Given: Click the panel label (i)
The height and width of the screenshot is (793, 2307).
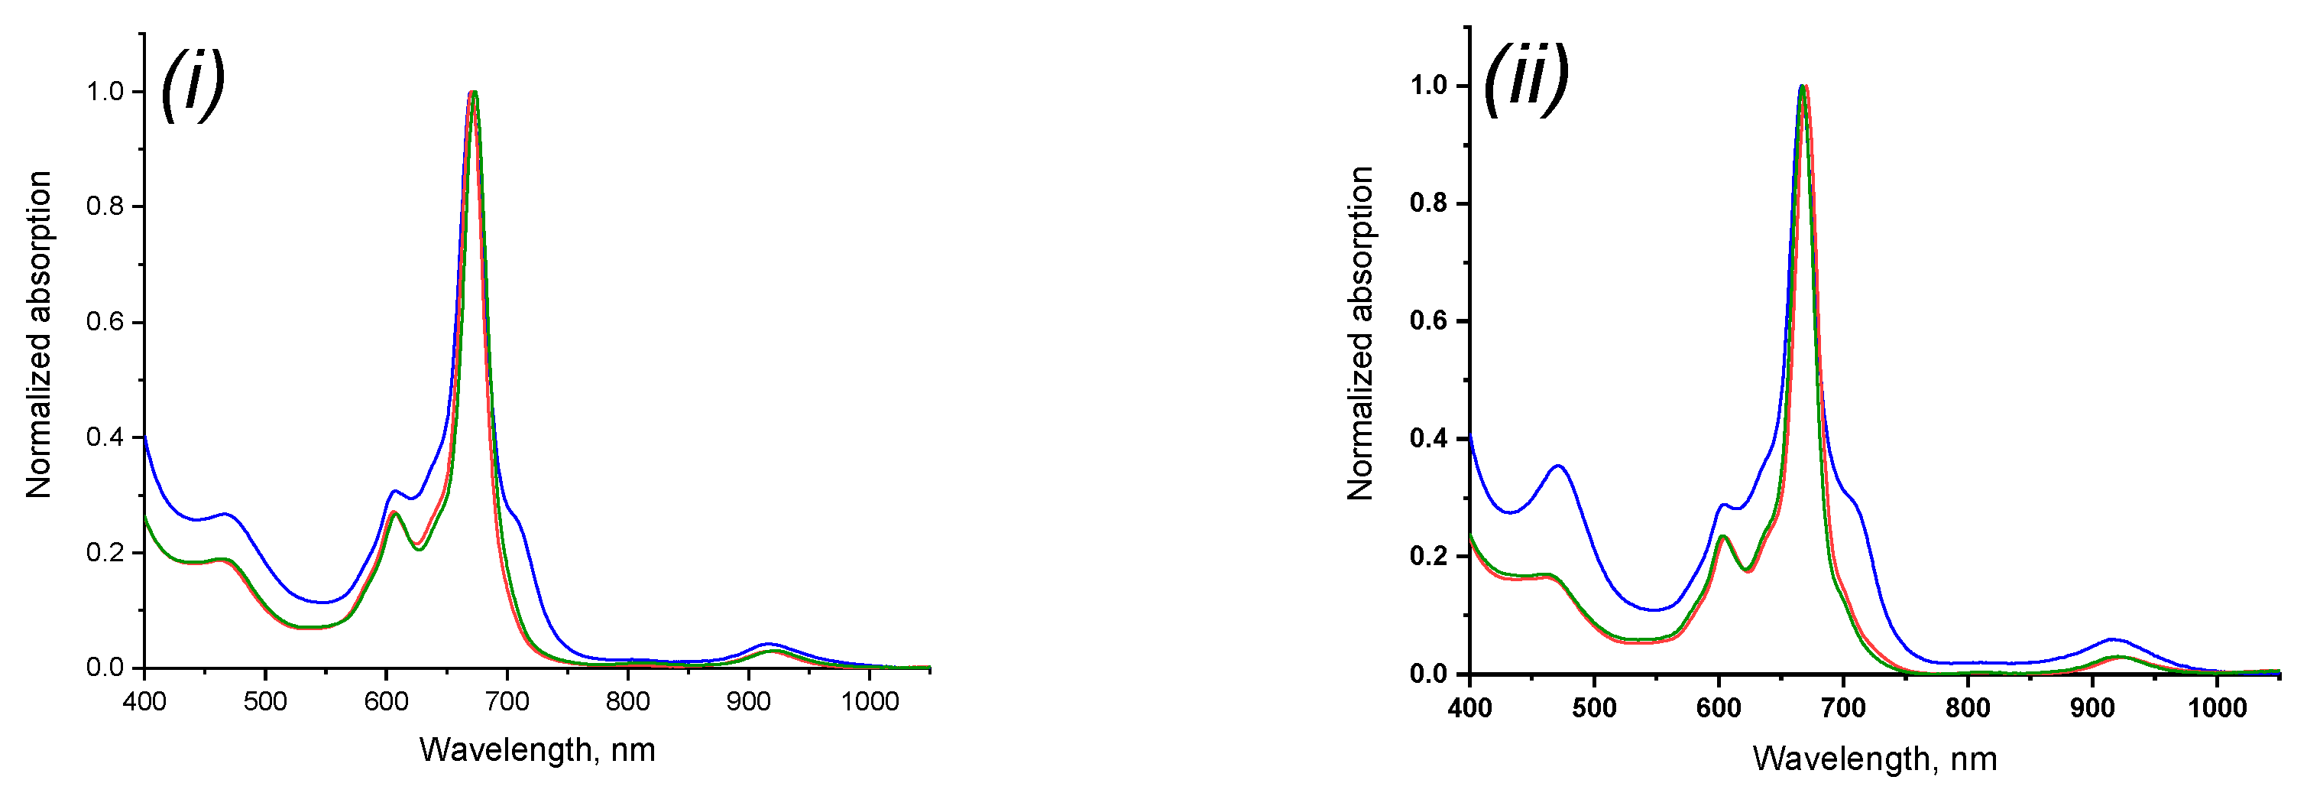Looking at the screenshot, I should (x=192, y=85).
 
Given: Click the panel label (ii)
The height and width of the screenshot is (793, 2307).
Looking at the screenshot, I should (x=1525, y=79).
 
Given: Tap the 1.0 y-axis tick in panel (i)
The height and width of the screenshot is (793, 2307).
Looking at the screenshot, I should (x=105, y=92).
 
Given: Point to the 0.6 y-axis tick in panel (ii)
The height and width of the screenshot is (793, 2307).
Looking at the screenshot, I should (x=1428, y=320).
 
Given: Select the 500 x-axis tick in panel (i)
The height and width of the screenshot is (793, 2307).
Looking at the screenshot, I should (x=265, y=700).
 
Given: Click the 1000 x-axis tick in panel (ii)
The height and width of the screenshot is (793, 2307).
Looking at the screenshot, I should (x=2217, y=708).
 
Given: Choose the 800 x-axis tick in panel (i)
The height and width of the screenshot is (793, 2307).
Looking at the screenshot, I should (x=628, y=700).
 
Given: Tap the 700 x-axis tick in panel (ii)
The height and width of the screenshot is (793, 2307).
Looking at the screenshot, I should (x=1843, y=708).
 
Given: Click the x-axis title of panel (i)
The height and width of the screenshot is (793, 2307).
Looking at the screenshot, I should (x=537, y=749).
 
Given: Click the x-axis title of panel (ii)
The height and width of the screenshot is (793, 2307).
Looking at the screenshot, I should (x=1874, y=758).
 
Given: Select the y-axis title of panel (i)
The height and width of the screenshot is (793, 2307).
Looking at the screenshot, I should (x=38, y=334).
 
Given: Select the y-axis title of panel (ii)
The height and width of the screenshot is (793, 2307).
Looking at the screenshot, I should (x=1360, y=333).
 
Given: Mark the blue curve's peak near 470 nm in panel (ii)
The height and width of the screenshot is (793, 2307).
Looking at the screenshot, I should (x=1558, y=466).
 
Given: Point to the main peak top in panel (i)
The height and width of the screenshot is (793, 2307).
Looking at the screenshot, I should (x=473, y=93).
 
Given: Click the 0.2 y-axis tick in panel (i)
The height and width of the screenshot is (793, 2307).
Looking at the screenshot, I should (x=105, y=552).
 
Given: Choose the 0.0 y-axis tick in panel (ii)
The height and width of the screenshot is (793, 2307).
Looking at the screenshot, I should (x=1428, y=674).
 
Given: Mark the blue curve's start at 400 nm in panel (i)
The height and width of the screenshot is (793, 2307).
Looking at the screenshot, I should (x=145, y=437).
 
